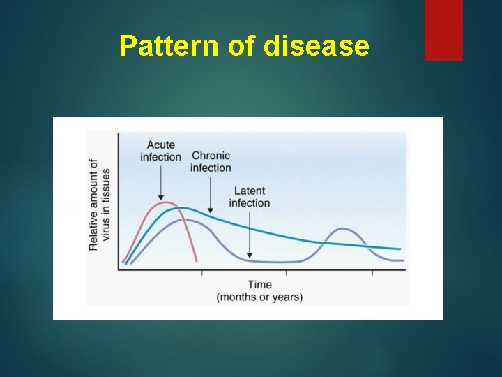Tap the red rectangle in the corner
(x=443, y=30)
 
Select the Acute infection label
(x=160, y=151)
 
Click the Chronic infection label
(x=211, y=162)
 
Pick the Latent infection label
(x=249, y=197)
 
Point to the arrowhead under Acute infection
(x=160, y=198)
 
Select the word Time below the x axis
(x=259, y=285)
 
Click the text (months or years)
(x=259, y=297)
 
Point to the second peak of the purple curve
(x=342, y=229)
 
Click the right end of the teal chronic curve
(x=400, y=249)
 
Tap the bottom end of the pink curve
(x=197, y=261)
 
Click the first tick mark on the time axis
(x=202, y=272)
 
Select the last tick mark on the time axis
(x=372, y=272)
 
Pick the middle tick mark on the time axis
(x=287, y=272)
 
